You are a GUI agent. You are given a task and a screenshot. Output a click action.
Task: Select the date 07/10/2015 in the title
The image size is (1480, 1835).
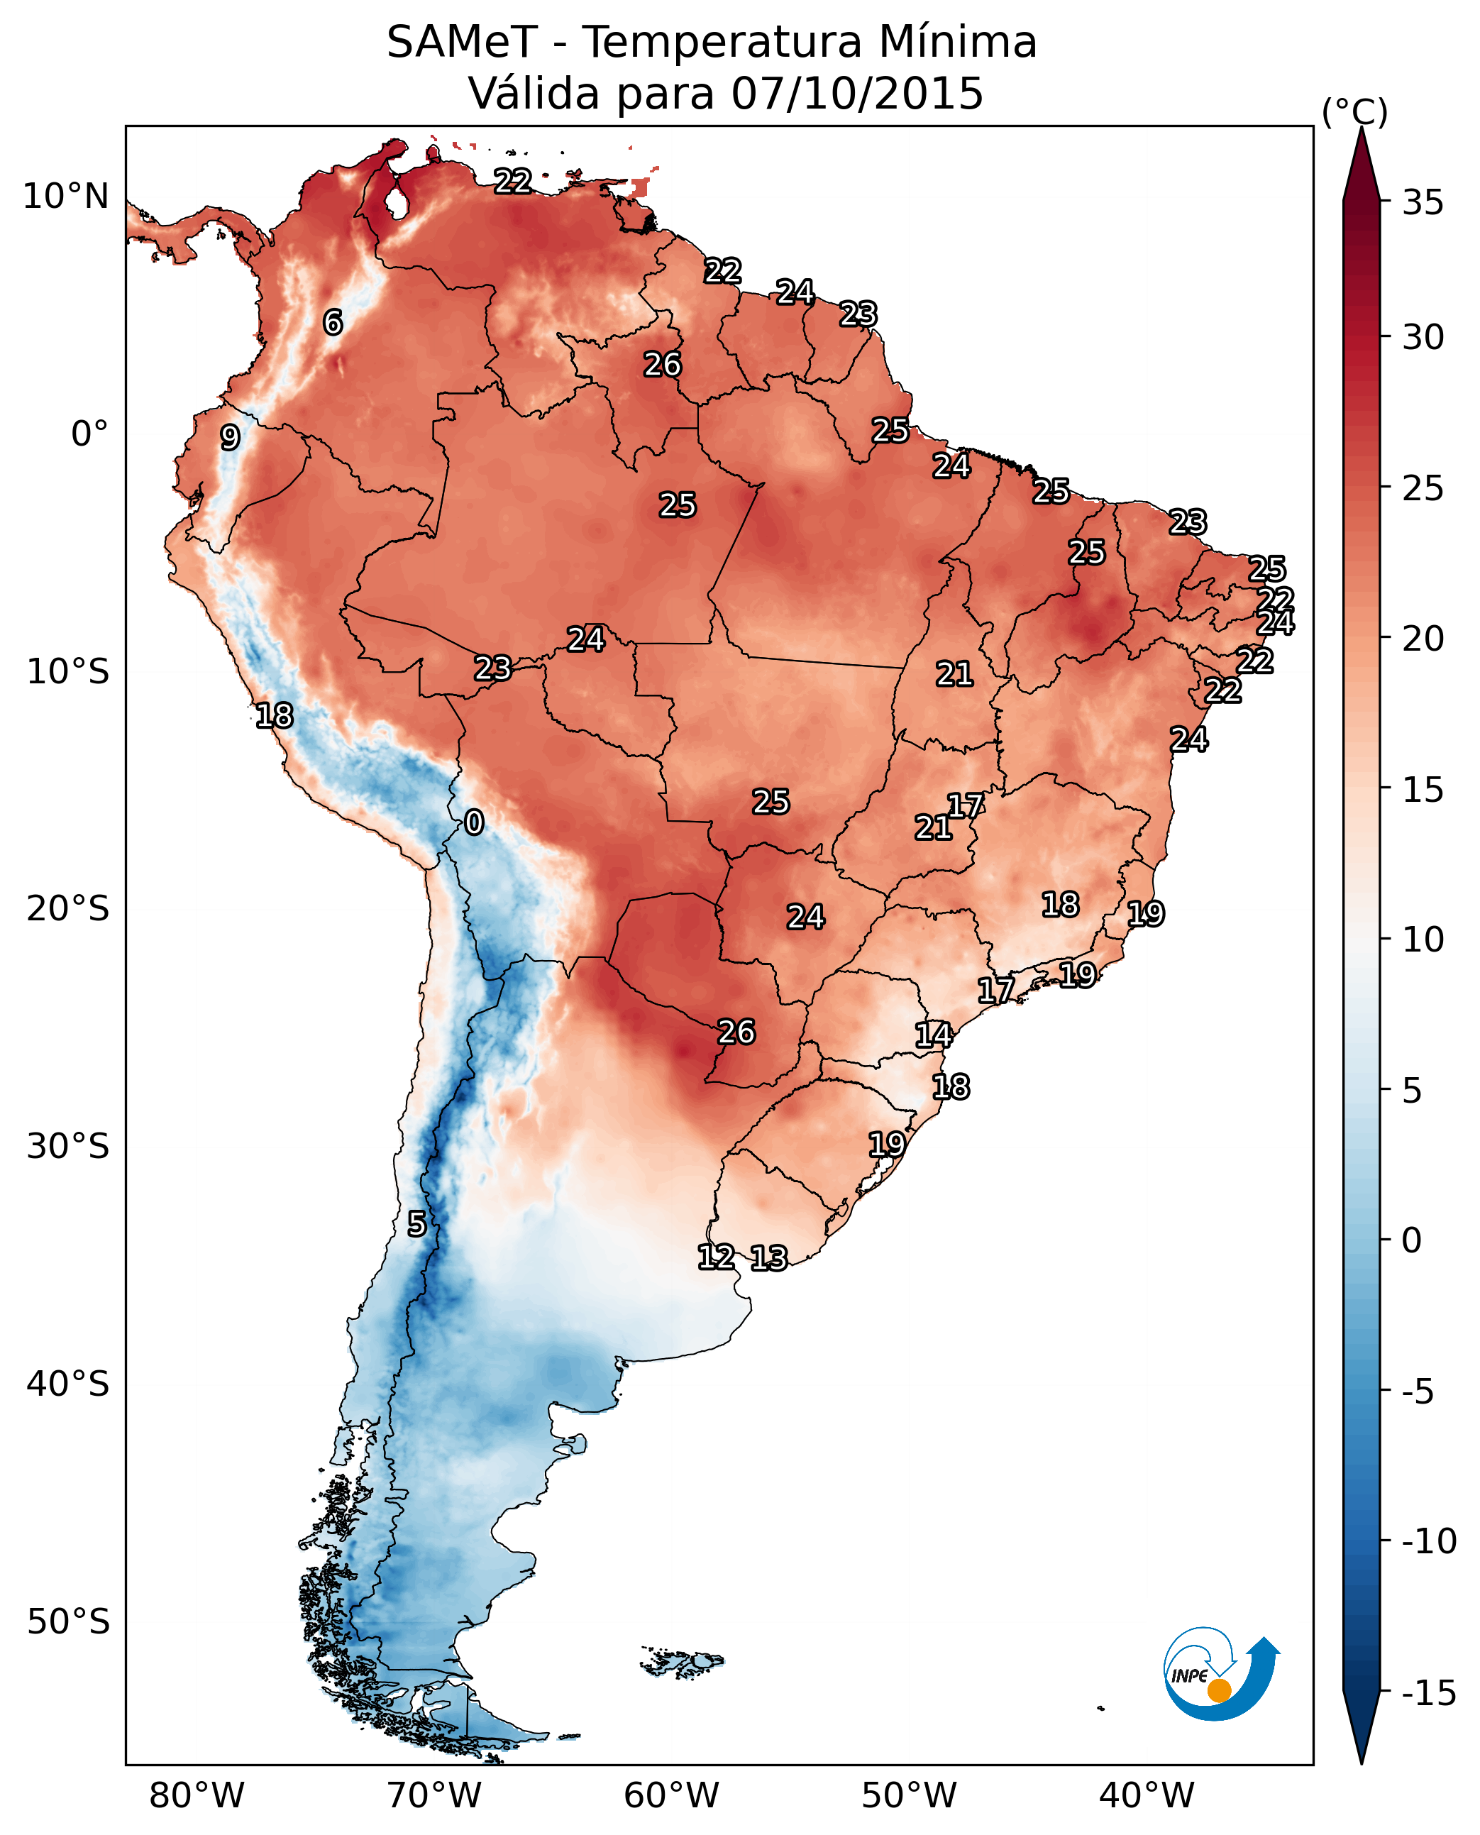(x=857, y=94)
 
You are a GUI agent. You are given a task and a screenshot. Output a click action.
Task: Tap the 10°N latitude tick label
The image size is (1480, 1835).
(x=66, y=197)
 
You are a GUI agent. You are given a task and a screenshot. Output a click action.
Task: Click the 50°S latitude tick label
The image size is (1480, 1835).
(x=68, y=1622)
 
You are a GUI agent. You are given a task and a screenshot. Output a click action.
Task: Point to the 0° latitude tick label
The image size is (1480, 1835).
(x=89, y=434)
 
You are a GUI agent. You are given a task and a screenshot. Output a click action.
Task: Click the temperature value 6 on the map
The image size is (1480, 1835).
(x=333, y=322)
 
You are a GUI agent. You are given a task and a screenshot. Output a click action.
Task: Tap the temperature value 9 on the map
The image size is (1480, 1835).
(x=230, y=437)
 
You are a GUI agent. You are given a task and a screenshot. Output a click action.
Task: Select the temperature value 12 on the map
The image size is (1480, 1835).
(x=716, y=1257)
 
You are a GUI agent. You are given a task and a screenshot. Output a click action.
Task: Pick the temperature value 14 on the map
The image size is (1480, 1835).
(x=934, y=1035)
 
